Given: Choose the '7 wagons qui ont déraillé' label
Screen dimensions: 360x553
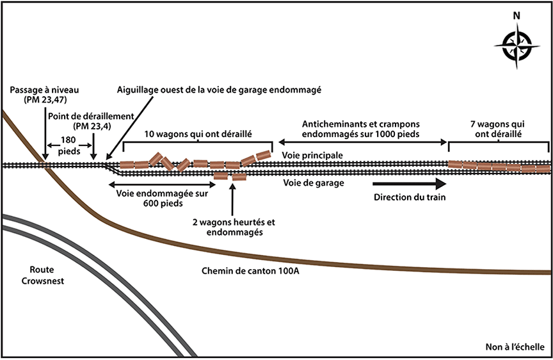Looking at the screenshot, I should [x=496, y=130].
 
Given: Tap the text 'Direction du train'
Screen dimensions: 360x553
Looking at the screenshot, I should [x=410, y=197].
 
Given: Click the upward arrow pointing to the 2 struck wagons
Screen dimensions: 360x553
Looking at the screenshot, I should [x=232, y=199].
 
